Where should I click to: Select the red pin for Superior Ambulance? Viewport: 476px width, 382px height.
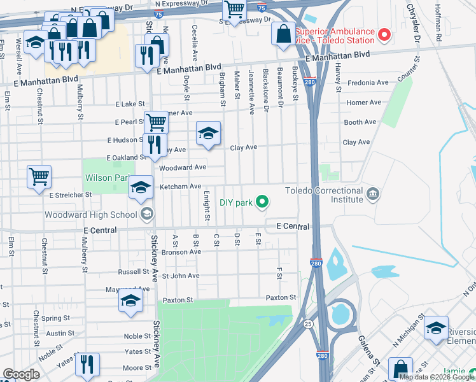(384, 34)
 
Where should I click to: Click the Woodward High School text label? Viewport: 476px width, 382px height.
(90, 214)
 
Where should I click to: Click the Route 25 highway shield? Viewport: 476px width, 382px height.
(308, 323)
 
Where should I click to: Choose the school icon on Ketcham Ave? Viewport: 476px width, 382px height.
(141, 187)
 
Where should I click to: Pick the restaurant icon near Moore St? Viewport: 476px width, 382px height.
(87, 365)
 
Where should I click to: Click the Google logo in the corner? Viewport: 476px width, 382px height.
(21, 374)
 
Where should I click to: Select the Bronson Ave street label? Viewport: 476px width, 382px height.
(181, 252)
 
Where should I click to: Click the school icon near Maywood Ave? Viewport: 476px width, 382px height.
(130, 302)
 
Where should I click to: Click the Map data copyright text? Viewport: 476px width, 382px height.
(437, 377)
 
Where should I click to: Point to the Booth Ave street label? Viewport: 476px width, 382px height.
(360, 122)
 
